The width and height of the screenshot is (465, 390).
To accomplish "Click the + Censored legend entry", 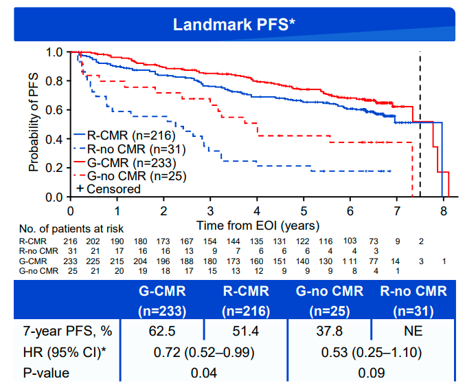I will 108,188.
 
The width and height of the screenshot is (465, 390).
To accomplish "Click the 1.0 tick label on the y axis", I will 54,52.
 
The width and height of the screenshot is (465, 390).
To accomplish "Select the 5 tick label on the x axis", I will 304,210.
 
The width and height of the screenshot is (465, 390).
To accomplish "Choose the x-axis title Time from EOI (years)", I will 258,225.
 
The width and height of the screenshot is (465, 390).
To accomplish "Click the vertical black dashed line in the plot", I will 420,124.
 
